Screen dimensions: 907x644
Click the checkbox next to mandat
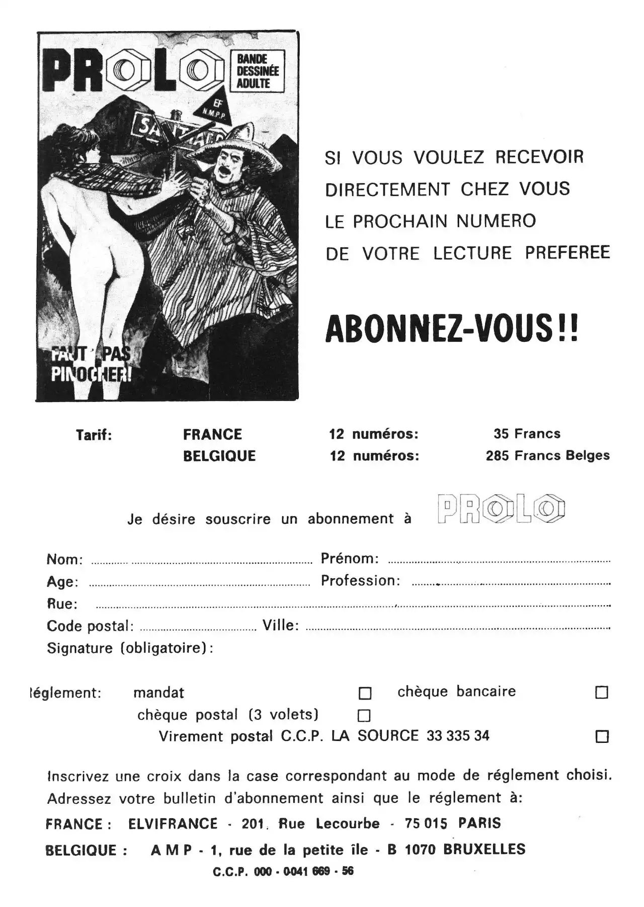coord(365,693)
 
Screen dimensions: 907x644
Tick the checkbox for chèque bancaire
coord(601,692)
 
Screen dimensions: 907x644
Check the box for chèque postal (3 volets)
coord(364,716)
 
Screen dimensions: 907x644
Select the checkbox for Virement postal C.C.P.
coord(602,737)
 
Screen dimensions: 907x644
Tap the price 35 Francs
coord(527,434)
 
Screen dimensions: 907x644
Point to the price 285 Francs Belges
coord(547,456)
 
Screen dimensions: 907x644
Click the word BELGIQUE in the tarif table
coord(219,456)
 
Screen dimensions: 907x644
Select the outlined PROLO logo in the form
coord(501,509)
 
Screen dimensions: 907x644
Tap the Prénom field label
coord(350,559)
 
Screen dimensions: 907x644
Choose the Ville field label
coord(281,625)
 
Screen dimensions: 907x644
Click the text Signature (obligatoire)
coord(130,648)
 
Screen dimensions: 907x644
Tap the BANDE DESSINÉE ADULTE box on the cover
coord(258,71)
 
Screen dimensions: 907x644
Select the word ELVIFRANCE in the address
coord(173,824)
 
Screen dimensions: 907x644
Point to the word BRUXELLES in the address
coord(484,850)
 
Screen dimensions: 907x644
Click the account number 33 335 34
coord(458,736)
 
